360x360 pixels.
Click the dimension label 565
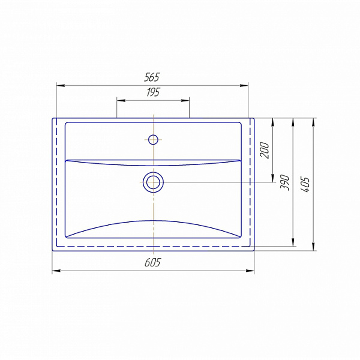152,77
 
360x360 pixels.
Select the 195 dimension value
153,92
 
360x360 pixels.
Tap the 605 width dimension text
152,262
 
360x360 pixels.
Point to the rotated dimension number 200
265,150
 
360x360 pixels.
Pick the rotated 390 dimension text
284,182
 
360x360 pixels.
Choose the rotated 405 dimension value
305,184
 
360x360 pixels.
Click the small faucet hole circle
153,139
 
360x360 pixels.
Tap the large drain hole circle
153,182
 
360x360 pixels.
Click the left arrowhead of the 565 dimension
61,86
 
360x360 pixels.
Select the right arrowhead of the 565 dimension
244,86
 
